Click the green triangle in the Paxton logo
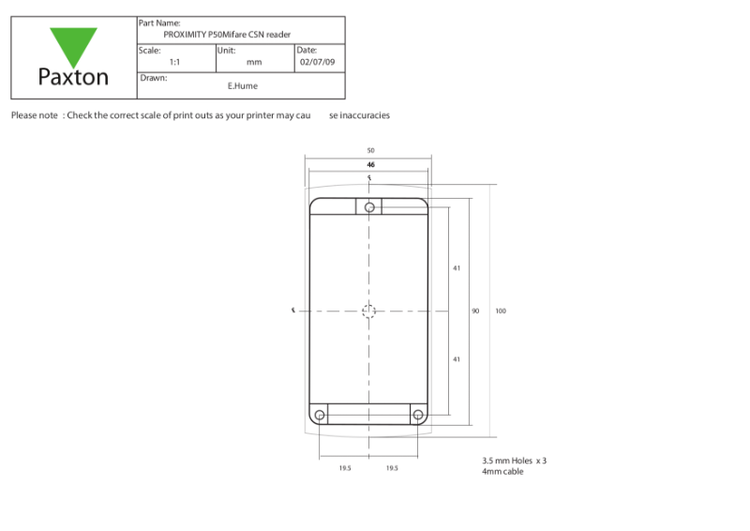(x=73, y=43)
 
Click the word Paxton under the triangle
(x=73, y=78)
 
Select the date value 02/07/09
(x=317, y=62)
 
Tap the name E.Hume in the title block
(x=243, y=85)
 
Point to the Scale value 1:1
(x=174, y=62)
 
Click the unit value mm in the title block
(x=254, y=62)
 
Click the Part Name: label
(x=159, y=23)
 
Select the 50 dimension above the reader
(x=370, y=150)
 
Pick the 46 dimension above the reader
(x=370, y=163)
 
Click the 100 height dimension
(x=501, y=311)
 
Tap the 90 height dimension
(x=475, y=311)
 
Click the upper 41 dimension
(x=457, y=268)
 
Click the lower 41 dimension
(x=457, y=359)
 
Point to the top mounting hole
(x=369, y=206)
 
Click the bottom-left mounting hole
(x=320, y=415)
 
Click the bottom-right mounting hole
(x=418, y=415)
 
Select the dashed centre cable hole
(x=369, y=311)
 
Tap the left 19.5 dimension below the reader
(x=345, y=467)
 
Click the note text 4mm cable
(x=502, y=471)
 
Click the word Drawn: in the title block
(x=153, y=78)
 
